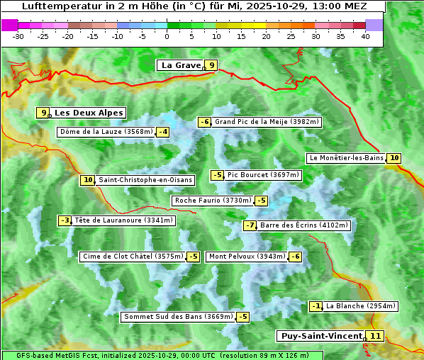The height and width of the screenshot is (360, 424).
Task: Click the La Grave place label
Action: pos(181,65)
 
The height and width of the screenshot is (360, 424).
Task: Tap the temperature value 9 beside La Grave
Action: pos(211,65)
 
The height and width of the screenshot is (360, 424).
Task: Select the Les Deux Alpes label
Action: pos(89,113)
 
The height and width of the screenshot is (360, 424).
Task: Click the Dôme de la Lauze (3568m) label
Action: pos(106,132)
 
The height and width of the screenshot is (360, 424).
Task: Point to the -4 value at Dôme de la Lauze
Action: pos(163,132)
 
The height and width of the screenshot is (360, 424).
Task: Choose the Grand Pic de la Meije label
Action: pos(267,122)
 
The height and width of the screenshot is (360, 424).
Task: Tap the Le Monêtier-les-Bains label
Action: pos(346,158)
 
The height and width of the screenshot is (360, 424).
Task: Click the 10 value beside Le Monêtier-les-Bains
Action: pos(394,158)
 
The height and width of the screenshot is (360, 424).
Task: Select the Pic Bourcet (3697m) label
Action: pos(264,175)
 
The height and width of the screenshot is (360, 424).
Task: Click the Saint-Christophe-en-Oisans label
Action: pos(145,180)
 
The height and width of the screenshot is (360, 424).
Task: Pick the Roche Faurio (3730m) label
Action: pos(213,201)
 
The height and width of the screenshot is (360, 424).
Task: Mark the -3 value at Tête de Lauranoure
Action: pos(65,220)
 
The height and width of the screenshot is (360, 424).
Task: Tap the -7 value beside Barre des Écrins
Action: pos(250,225)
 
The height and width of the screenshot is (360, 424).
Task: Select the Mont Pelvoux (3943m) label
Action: pos(247,257)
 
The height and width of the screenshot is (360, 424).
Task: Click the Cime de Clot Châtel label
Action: pos(133,257)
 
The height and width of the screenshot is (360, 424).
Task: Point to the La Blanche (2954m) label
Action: pos(361,306)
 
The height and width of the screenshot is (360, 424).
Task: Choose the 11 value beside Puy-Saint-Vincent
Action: pos(376,336)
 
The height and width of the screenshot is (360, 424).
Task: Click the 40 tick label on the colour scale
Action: pos(365,36)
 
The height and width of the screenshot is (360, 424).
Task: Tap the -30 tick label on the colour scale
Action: pos(18,36)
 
